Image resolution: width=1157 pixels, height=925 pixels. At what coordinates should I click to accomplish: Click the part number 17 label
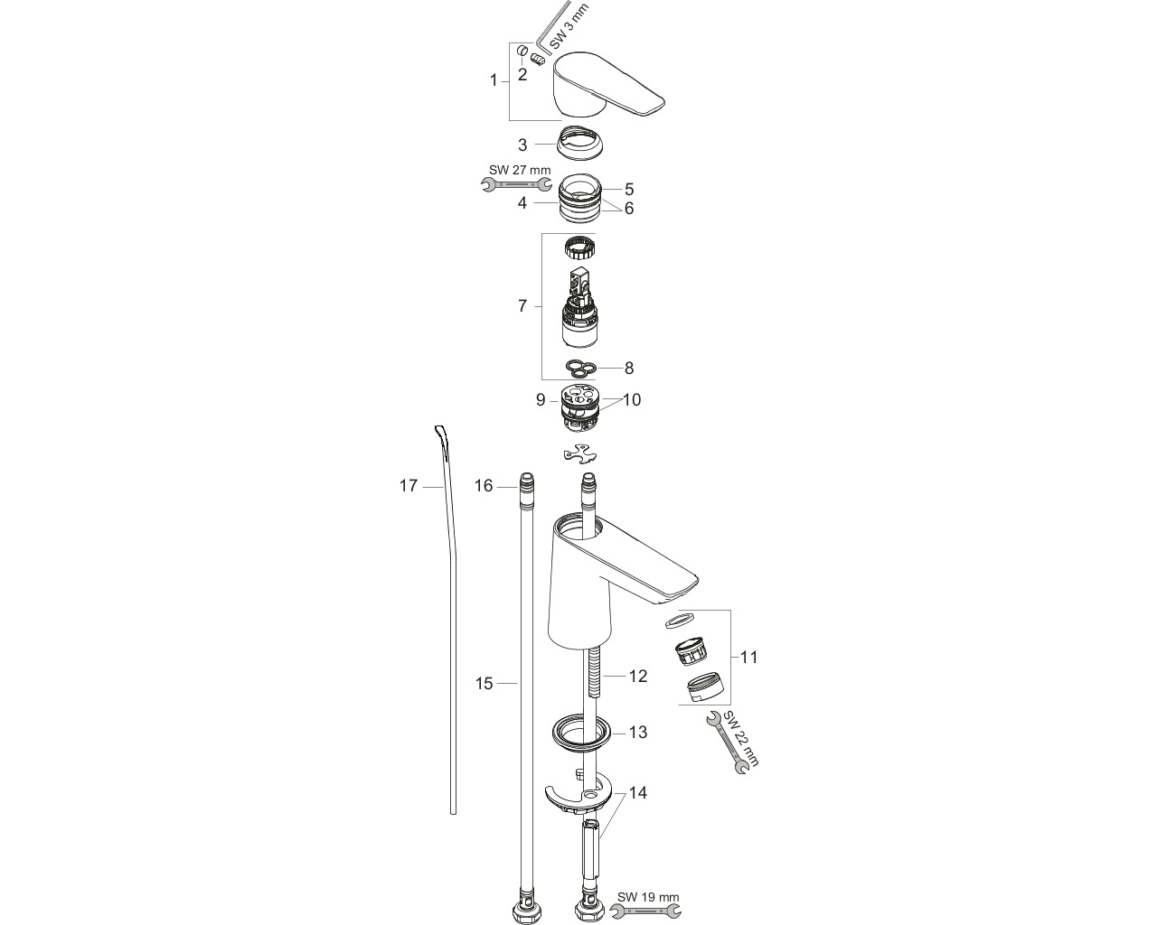pyautogui.click(x=409, y=486)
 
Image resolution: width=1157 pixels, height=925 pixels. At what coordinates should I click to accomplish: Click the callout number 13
pyautogui.click(x=638, y=732)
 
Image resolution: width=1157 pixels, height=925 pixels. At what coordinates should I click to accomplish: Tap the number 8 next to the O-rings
pyautogui.click(x=629, y=368)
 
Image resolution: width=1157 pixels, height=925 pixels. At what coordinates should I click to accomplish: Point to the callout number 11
pyautogui.click(x=748, y=657)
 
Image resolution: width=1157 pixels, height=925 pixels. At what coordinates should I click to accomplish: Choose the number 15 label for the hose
pyautogui.click(x=484, y=683)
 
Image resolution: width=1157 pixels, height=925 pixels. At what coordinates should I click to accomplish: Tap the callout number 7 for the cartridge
pyautogui.click(x=522, y=306)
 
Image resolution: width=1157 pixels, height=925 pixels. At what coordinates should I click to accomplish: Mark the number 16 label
pyautogui.click(x=484, y=486)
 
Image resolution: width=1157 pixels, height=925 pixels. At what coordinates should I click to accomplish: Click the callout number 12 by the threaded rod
pyautogui.click(x=638, y=676)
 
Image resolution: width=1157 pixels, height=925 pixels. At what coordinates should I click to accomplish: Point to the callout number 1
pyautogui.click(x=494, y=80)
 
